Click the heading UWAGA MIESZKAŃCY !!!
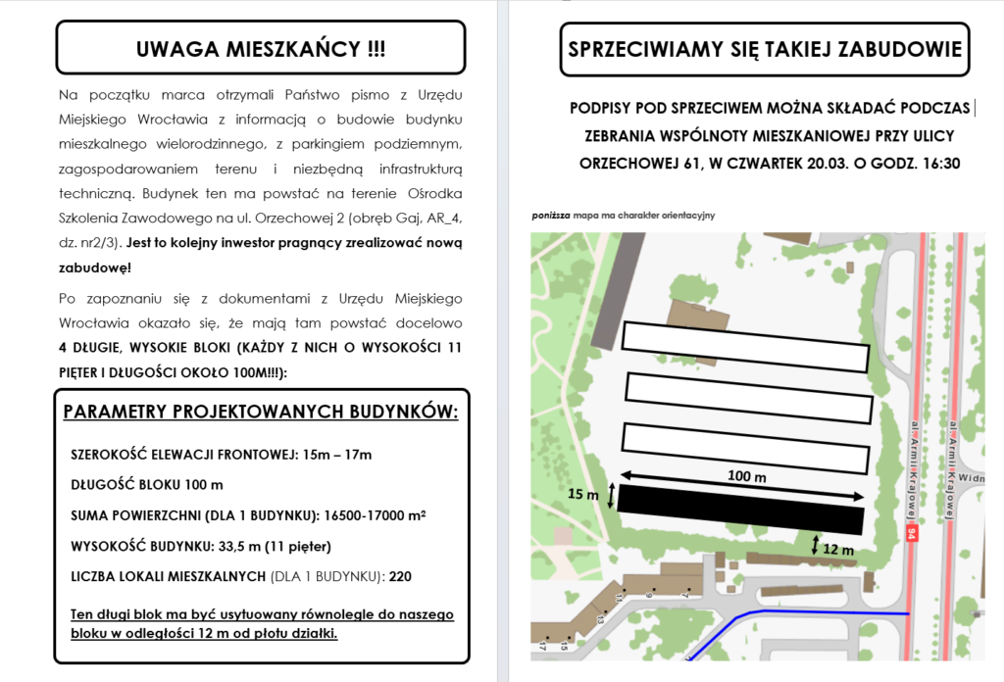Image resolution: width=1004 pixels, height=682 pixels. pyautogui.click(x=260, y=49)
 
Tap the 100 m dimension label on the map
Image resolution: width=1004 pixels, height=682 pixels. pyautogui.click(x=747, y=476)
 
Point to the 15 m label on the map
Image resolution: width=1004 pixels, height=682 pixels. pyautogui.click(x=583, y=495)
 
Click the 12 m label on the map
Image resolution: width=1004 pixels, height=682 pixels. pyautogui.click(x=838, y=550)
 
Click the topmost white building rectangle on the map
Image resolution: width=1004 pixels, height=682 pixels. pyautogui.click(x=745, y=347)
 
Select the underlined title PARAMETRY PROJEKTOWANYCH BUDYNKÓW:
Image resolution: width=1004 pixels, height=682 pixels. pyautogui.click(x=261, y=412)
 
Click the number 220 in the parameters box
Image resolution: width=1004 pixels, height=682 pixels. pyautogui.click(x=400, y=577)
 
